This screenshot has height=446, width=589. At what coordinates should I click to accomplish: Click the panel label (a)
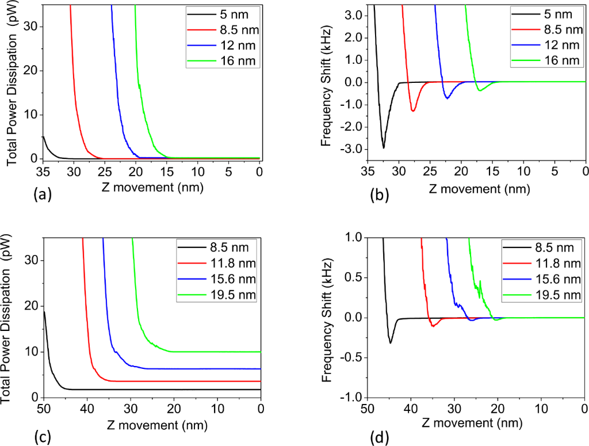(x=43, y=196)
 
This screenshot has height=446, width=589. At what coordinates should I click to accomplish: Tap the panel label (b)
(x=381, y=195)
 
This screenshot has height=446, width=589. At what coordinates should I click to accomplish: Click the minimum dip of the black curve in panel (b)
(x=384, y=148)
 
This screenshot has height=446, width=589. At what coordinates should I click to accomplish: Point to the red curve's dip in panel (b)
(x=413, y=110)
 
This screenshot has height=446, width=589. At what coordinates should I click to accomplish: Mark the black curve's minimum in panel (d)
(x=391, y=343)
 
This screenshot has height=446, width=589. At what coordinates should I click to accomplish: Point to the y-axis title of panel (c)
(x=12, y=318)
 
